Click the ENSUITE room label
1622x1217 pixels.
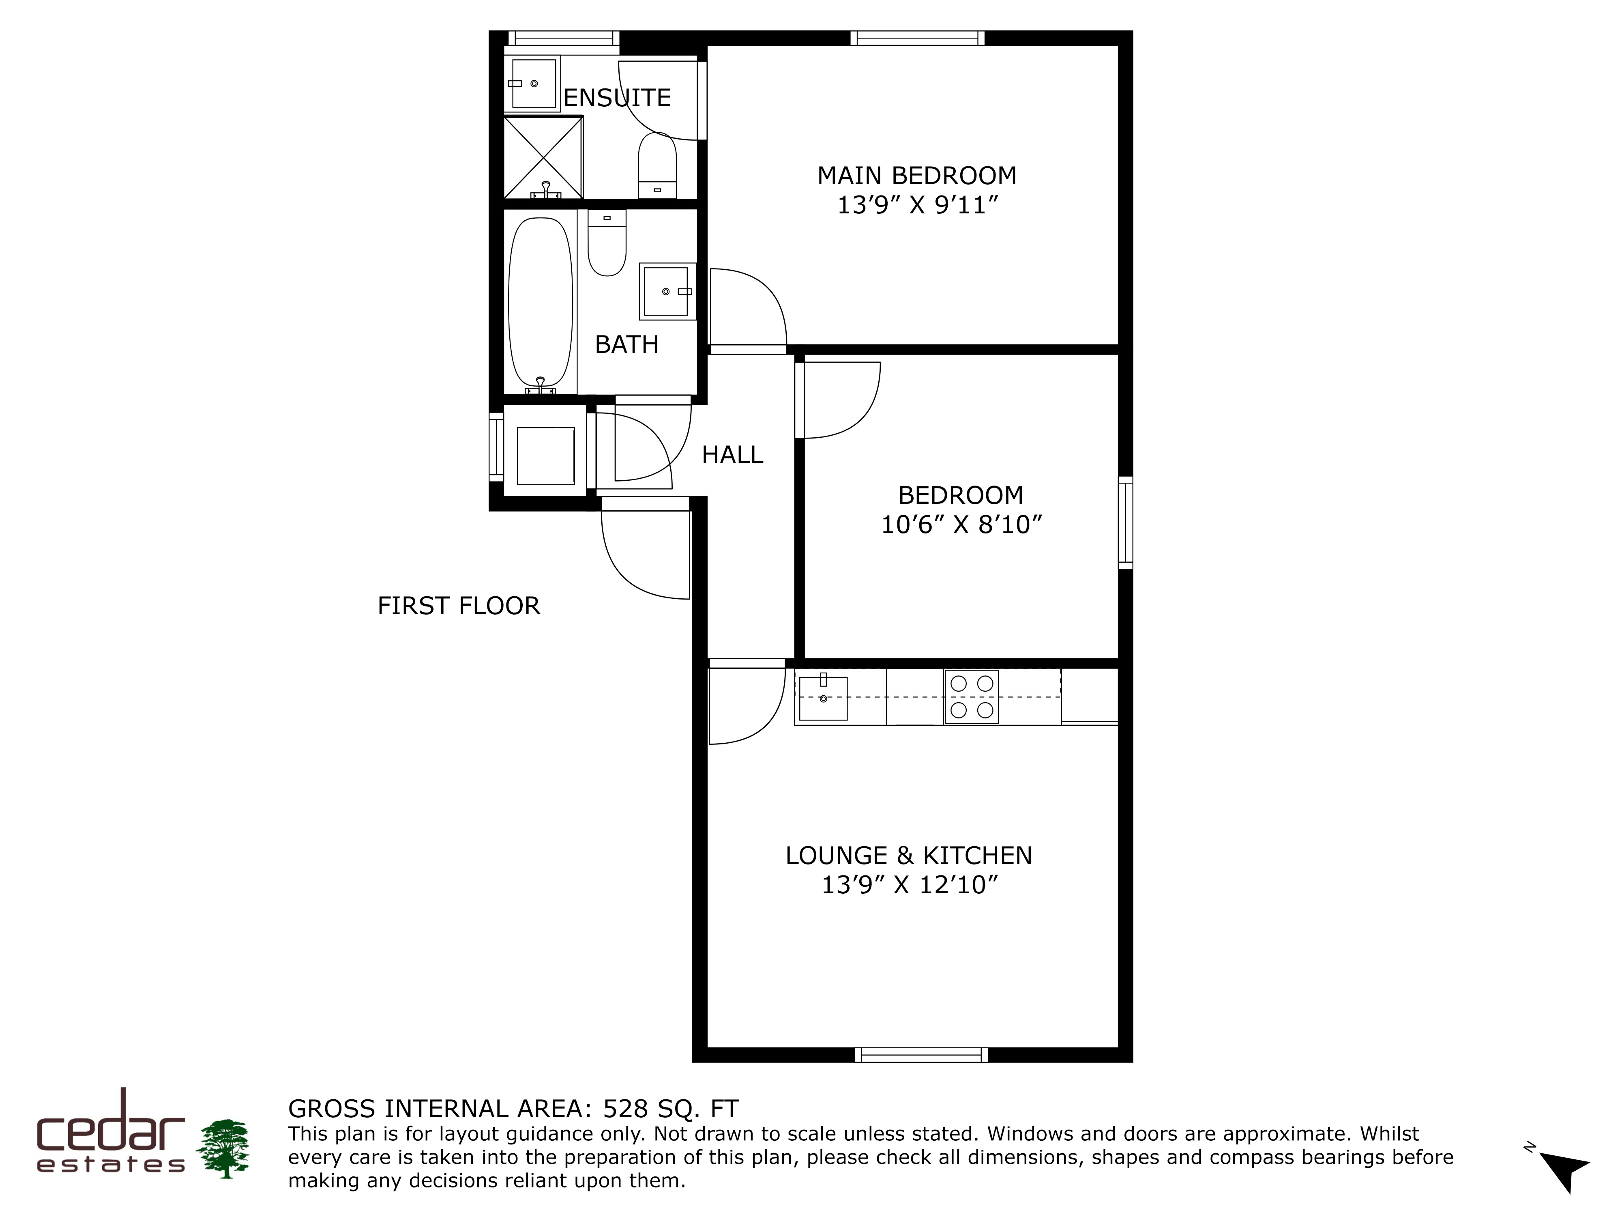[617, 98]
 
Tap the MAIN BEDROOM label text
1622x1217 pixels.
[916, 176]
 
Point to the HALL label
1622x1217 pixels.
[732, 456]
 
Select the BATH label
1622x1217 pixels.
[626, 345]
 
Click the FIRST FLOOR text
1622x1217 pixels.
[458, 606]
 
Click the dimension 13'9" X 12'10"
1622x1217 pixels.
[909, 886]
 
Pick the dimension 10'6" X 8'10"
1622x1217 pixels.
[961, 525]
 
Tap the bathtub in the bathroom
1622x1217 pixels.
[541, 304]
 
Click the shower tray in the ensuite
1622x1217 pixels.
[543, 157]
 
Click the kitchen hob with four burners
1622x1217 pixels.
[972, 697]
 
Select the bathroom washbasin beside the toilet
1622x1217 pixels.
[667, 291]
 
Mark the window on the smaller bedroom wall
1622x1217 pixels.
[1126, 522]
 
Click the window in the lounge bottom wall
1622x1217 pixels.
[921, 1055]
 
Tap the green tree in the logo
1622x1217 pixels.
[225, 1149]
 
